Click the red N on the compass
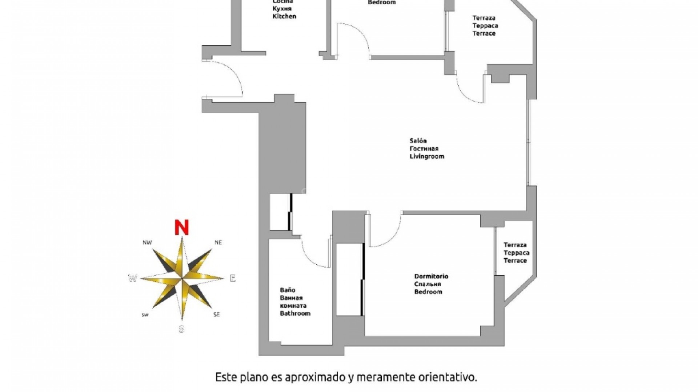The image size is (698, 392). coord(181,227)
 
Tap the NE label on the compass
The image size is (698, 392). coord(218,242)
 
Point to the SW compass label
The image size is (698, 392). coord(145,315)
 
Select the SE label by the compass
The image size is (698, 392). coord(217,315)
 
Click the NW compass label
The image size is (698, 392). coord(147,242)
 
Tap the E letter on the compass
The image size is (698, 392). coord(233,278)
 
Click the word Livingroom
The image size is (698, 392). coord(427,156)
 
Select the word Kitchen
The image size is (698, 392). coord(284,16)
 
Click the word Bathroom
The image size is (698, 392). coord(295,313)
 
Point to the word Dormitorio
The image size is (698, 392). coord(431,276)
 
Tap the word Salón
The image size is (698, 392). coord(418,141)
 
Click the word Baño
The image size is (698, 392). coord(287,290)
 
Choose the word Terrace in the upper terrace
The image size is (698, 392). coord(484,33)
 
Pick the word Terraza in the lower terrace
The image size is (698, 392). coord(515,245)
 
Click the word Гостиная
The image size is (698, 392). coord(424,148)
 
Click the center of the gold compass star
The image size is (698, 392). coord(182,278)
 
